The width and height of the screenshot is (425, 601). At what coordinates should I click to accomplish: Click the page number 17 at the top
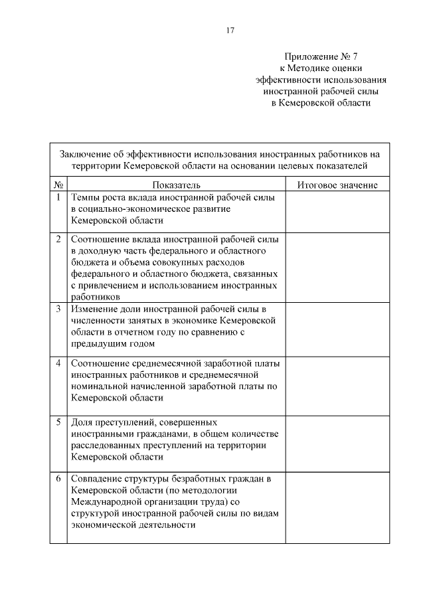tap(230, 31)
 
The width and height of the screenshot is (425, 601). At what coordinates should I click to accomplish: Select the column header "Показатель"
tap(176, 185)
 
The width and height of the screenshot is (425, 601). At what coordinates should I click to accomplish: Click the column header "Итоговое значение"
tap(337, 185)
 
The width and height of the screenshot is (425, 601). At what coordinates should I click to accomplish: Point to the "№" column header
tap(58, 185)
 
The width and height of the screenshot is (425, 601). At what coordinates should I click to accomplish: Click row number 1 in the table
tap(58, 197)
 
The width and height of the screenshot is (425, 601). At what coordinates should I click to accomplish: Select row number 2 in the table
tap(58, 238)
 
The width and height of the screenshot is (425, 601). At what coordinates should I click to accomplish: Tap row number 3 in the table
tap(58, 309)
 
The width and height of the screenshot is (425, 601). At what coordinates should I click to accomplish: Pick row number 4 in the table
tap(58, 363)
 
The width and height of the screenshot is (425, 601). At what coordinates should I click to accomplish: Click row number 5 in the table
tap(58, 422)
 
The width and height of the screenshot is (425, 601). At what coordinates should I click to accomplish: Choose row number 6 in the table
tap(58, 478)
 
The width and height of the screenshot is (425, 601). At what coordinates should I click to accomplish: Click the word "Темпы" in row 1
tap(85, 197)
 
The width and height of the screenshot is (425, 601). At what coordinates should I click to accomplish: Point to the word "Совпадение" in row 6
tap(97, 478)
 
